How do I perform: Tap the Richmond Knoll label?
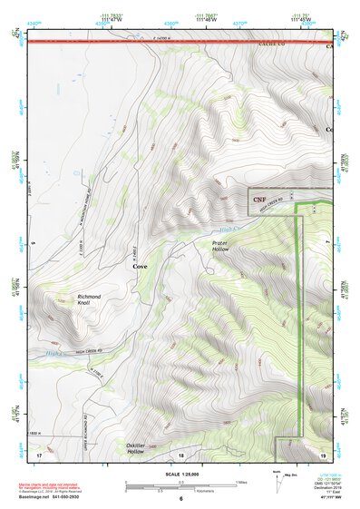point(89,300)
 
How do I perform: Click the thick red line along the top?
point(181,42)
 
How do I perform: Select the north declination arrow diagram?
point(278,480)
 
